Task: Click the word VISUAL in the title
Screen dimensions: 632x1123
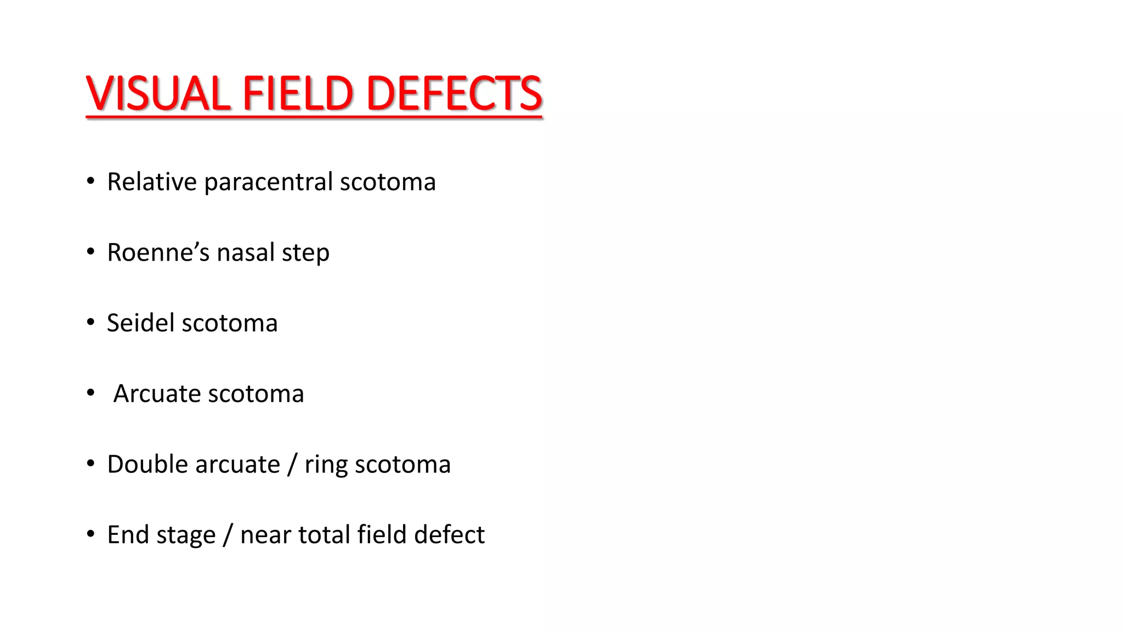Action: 158,93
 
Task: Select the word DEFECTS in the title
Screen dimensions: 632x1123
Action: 454,93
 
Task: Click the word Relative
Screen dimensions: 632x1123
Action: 152,182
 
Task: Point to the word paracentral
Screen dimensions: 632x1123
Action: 268,183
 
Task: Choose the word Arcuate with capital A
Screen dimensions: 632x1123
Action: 157,393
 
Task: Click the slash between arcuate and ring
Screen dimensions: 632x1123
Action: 292,465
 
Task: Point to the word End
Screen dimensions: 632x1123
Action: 127,534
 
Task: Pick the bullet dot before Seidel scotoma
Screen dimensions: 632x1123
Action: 91,323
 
